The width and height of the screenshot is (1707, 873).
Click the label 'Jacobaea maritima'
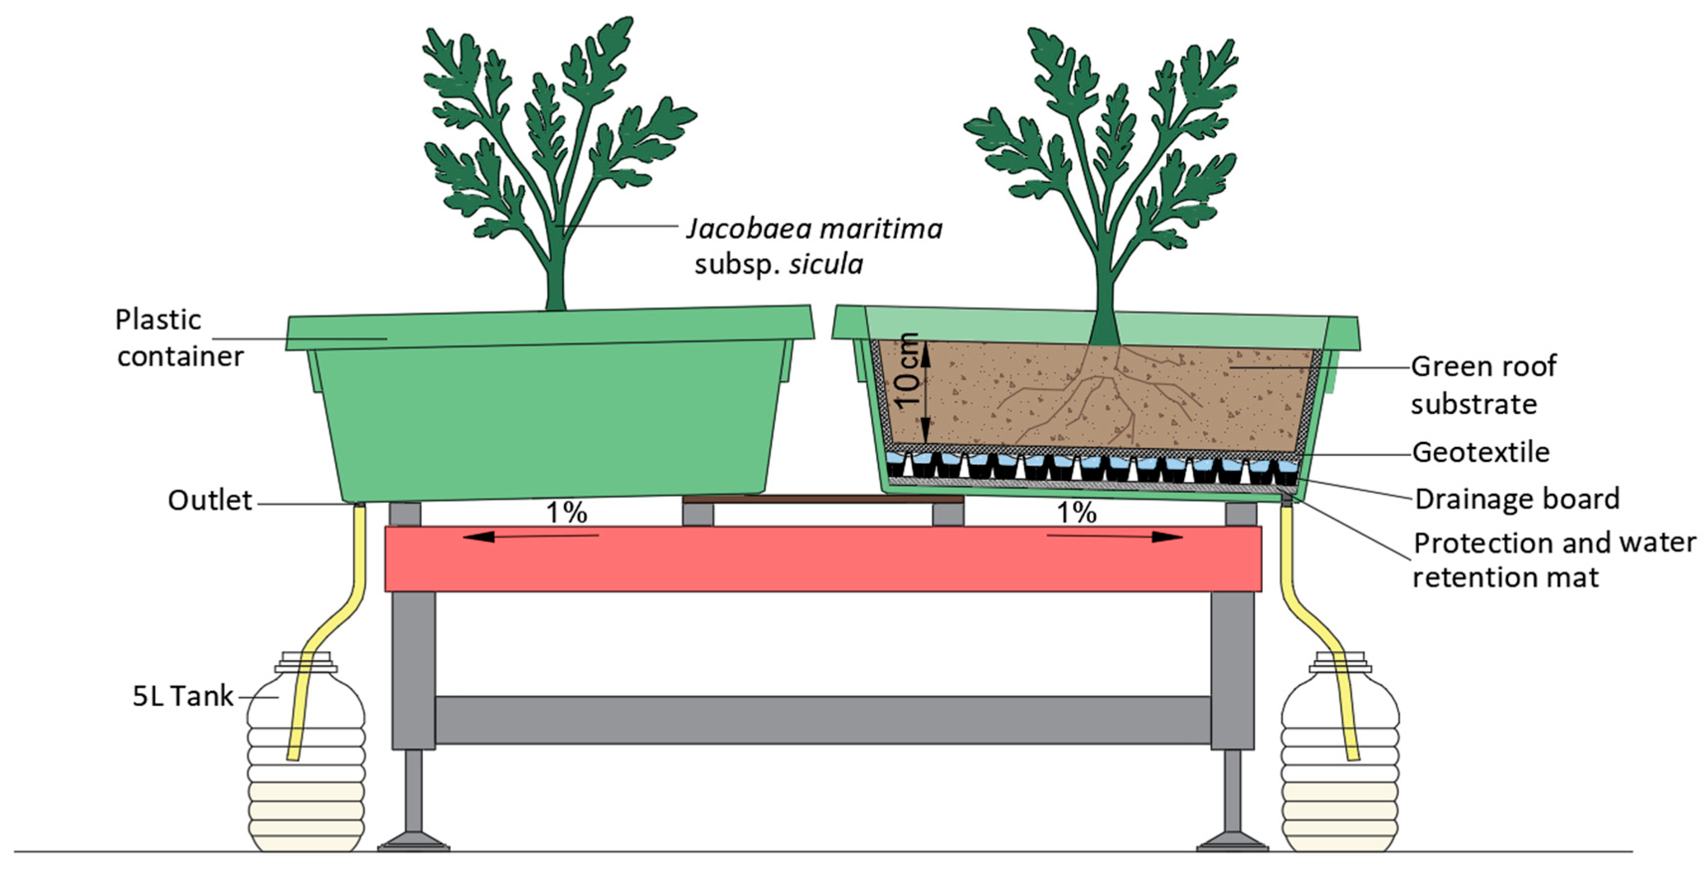pos(813,229)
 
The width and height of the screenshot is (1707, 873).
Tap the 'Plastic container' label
pos(179,338)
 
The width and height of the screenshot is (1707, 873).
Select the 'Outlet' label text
pos(209,501)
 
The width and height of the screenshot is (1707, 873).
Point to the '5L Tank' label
pos(183,696)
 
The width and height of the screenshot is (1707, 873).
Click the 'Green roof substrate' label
pos(1483,384)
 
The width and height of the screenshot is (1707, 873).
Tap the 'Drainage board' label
pos(1517,499)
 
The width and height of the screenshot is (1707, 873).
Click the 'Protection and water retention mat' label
pos(1554,560)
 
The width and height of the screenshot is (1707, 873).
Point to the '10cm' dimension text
pos(906,371)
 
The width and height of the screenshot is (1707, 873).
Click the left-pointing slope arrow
pos(530,535)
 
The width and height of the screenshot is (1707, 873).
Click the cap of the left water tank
pos(306,660)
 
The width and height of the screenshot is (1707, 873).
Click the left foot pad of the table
pos(413,843)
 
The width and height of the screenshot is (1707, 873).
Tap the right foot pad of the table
pos(1232,843)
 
